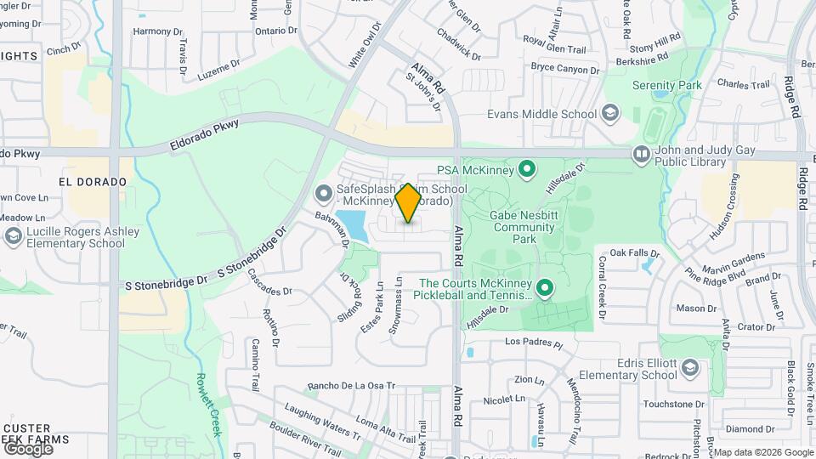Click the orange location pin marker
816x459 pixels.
[x=408, y=203]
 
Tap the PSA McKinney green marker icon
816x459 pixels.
[x=526, y=168]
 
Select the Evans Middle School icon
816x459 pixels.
[x=609, y=113]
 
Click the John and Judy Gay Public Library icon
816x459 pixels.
[x=641, y=154]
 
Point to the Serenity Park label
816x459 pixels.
[x=667, y=86]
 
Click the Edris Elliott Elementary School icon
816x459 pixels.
[x=689, y=367]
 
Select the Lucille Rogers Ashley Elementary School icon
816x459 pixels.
[x=13, y=236]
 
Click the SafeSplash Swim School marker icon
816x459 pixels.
[x=323, y=195]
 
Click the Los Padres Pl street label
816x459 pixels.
[x=534, y=343]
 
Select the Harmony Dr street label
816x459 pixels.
[x=158, y=31]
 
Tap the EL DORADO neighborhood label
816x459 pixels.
[x=93, y=183]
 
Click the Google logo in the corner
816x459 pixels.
[x=27, y=448]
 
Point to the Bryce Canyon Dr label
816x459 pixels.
[x=565, y=66]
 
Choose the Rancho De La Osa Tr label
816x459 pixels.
[x=352, y=385]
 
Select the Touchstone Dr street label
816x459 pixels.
[x=674, y=405]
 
